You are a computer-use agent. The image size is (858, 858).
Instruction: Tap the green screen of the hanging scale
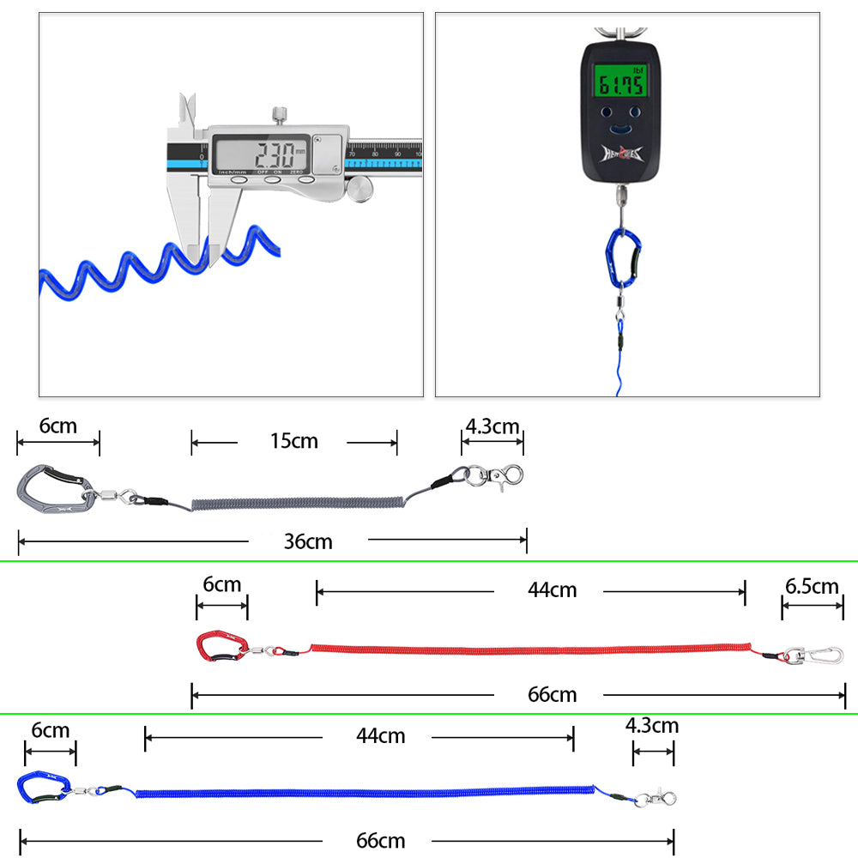coord(621,83)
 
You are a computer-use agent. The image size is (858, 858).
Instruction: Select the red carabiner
coord(222,646)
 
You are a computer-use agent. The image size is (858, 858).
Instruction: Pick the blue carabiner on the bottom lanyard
coord(46,788)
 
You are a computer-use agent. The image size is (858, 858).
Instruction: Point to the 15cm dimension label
coord(293,441)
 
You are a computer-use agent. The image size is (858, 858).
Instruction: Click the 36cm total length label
coord(308,541)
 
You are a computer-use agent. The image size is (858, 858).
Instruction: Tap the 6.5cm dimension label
coord(812,586)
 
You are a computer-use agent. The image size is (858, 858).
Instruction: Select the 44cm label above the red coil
coord(553,590)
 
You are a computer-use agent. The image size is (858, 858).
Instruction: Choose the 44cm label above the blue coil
coord(381,735)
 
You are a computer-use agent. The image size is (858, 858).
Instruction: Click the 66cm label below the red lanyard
coord(553,694)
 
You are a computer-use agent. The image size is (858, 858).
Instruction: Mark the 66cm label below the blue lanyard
coord(381,841)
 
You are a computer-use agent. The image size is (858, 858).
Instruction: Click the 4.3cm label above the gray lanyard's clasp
coord(492,426)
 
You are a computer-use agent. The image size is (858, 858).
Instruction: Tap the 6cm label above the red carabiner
coord(221,584)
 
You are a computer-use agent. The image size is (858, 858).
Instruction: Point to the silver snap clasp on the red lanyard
coord(814,656)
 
